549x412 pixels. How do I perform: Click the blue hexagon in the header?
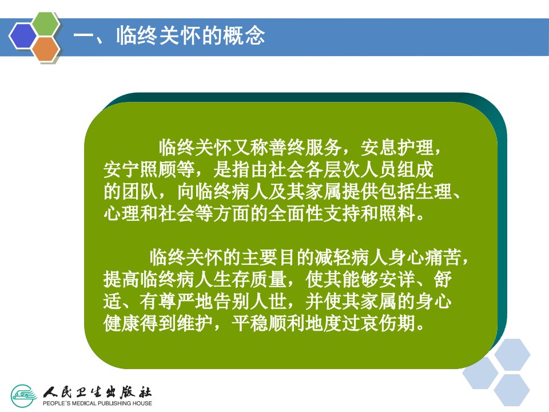tap(23, 35)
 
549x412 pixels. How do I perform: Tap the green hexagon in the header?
tap(46, 23)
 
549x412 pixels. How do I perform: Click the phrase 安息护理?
tap(397, 148)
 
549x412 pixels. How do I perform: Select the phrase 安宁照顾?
tap(140, 169)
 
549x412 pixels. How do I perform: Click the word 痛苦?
tap(443, 257)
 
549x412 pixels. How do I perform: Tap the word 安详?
tap(397, 280)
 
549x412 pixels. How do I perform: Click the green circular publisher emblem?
tap(23, 396)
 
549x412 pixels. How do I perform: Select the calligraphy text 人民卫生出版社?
tap(98, 392)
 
